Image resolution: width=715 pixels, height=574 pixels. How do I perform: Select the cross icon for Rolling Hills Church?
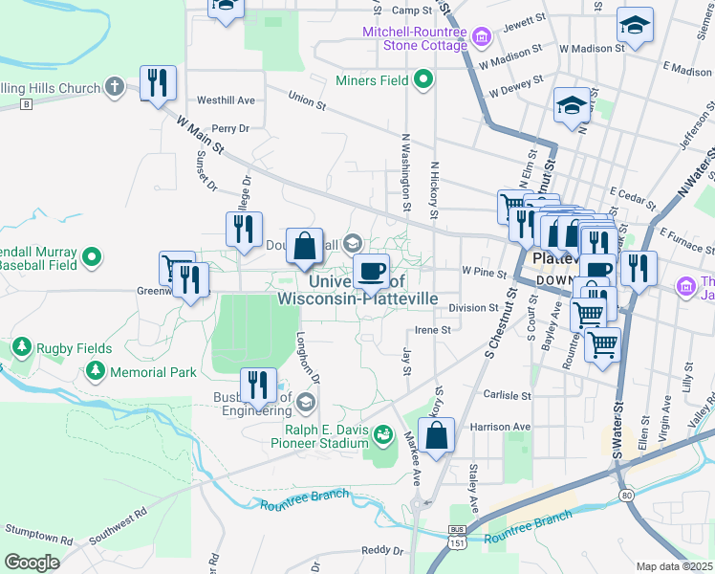click(114, 88)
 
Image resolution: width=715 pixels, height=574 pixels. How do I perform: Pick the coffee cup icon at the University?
click(371, 271)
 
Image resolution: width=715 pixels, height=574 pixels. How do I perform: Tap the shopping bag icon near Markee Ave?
click(436, 436)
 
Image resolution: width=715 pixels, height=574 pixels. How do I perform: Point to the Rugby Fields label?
click(75, 349)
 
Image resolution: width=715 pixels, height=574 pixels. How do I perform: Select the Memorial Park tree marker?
click(95, 370)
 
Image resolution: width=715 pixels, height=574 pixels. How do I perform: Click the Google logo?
click(32, 563)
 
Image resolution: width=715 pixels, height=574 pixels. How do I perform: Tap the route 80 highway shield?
click(625, 495)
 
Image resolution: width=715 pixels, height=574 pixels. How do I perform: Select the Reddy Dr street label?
click(384, 550)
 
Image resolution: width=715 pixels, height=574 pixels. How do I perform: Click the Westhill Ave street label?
click(226, 99)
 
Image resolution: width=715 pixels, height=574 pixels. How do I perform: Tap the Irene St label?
click(432, 329)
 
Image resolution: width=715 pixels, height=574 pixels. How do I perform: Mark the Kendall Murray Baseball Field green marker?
click(92, 255)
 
